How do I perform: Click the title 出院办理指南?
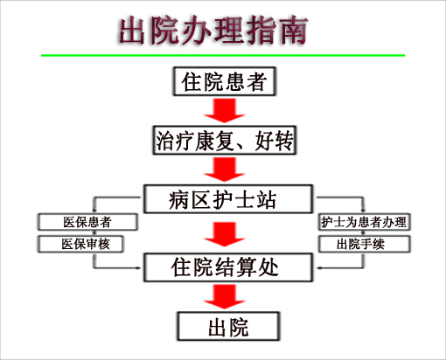[213, 31]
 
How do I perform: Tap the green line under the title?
[223, 55]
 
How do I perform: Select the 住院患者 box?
[224, 81]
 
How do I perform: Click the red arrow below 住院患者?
[224, 111]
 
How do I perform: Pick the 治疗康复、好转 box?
[224, 140]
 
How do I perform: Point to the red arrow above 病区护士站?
[224, 170]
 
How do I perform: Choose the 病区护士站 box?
[228, 199]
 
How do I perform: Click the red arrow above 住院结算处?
[224, 234]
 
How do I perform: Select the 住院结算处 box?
[228, 267]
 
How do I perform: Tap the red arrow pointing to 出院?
[224, 297]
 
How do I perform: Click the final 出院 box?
[228, 326]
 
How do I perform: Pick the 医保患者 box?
[87, 222]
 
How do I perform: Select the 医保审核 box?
[80, 244]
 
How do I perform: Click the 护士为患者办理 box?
[365, 222]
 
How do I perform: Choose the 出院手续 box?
[365, 244]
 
